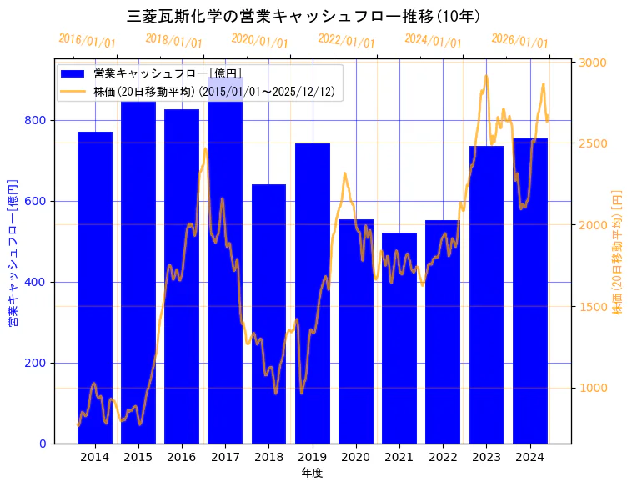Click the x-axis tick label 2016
(x=181, y=457)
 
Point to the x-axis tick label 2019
(x=312, y=457)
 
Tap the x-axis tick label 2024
(x=529, y=457)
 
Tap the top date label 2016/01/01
(x=88, y=41)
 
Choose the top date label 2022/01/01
(x=347, y=41)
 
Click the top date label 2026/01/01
(x=520, y=41)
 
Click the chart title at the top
(x=303, y=16)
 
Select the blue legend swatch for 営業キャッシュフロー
(x=73, y=73)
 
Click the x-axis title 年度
(x=312, y=473)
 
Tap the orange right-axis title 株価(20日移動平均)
(x=618, y=250)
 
